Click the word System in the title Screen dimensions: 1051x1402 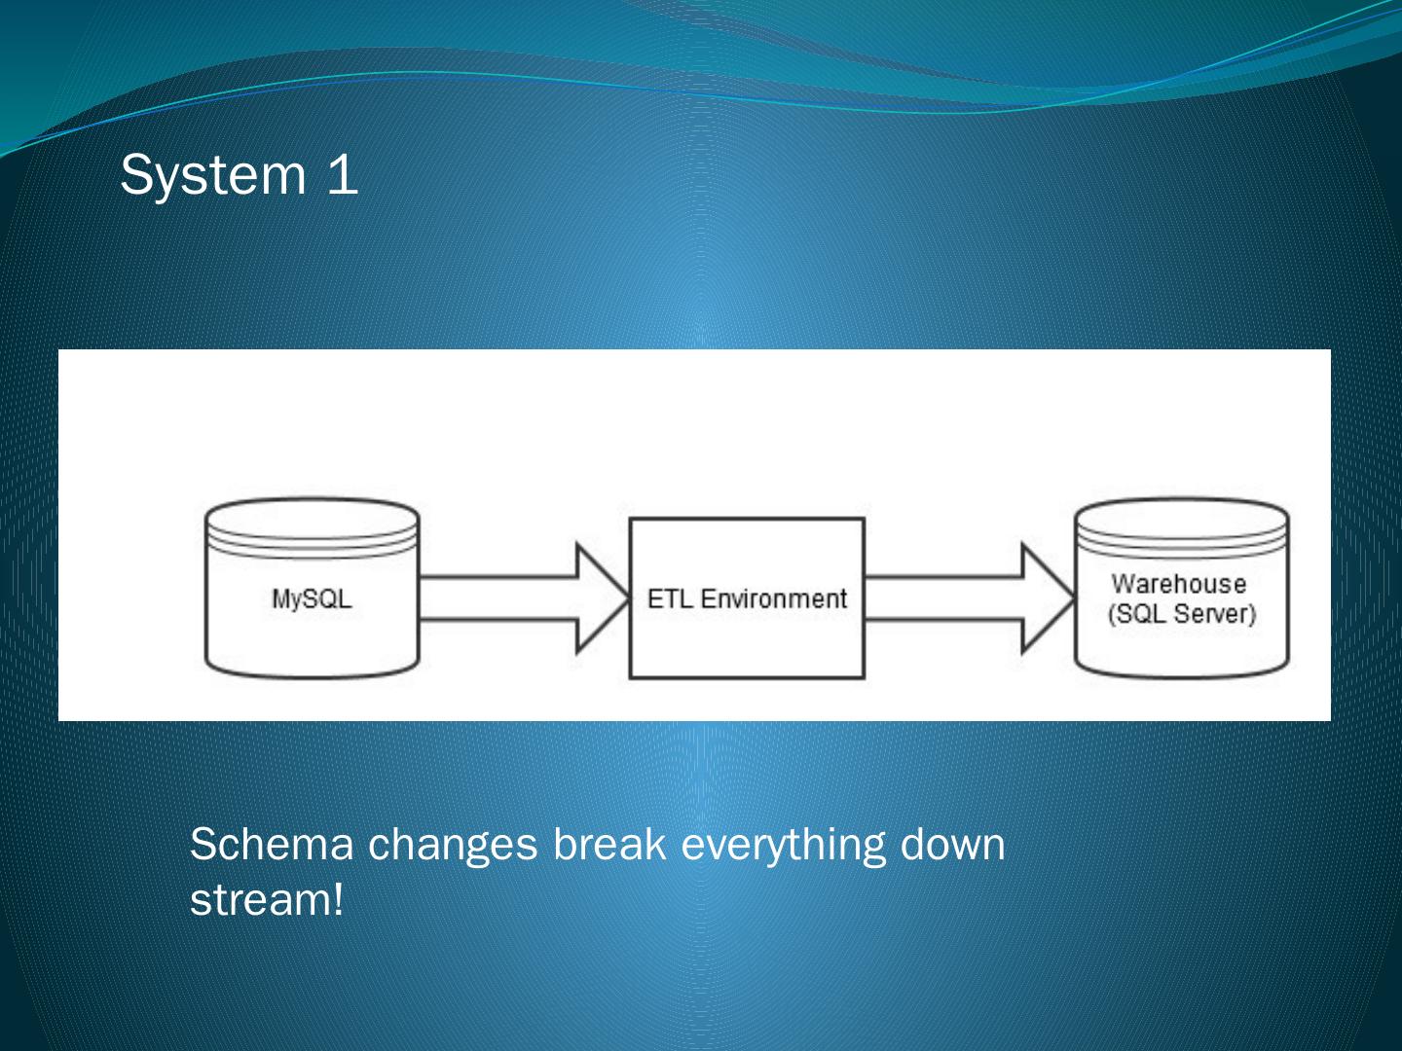pyautogui.click(x=212, y=176)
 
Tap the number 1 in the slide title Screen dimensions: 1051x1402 pyautogui.click(x=343, y=175)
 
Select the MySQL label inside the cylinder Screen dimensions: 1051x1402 pyautogui.click(x=312, y=598)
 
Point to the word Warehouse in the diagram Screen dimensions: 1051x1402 pyautogui.click(x=1179, y=584)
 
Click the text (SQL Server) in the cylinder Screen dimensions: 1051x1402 pyautogui.click(x=1182, y=614)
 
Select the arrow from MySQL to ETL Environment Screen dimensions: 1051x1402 pyautogui.click(x=506, y=598)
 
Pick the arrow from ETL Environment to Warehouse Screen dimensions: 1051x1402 pyautogui.click(x=949, y=598)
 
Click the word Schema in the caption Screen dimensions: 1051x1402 pyautogui.click(x=272, y=844)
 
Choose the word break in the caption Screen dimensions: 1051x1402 pyautogui.click(x=609, y=844)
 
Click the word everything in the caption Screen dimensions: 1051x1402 pyautogui.click(x=783, y=844)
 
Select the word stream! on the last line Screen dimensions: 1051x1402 pyautogui.click(x=267, y=900)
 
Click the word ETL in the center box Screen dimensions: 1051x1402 pyautogui.click(x=669, y=598)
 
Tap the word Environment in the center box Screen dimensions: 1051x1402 pyautogui.click(x=774, y=598)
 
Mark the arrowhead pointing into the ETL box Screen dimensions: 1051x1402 pyautogui.click(x=602, y=598)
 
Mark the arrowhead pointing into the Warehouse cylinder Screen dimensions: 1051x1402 pyautogui.click(x=1046, y=598)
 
